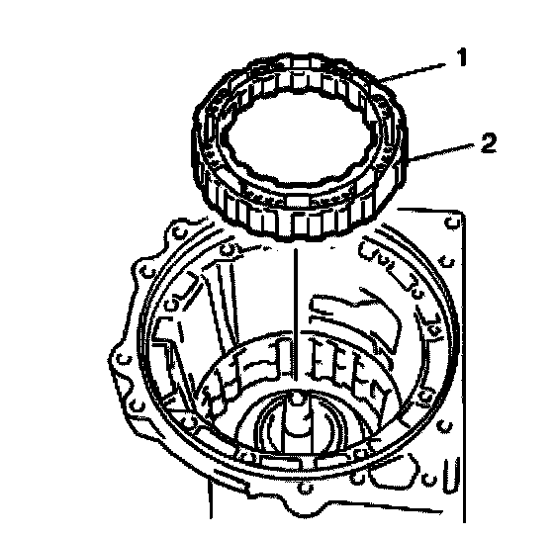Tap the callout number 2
489,143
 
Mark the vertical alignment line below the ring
296,314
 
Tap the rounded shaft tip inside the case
296,399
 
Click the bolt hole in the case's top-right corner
452,223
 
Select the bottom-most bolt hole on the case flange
306,489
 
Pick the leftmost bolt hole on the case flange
124,360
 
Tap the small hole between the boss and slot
430,480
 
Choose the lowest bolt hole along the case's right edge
444,426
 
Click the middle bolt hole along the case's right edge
446,262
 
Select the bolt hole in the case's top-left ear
180,232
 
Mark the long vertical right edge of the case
464,367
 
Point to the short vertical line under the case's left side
211,498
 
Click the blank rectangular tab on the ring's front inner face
297,201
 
